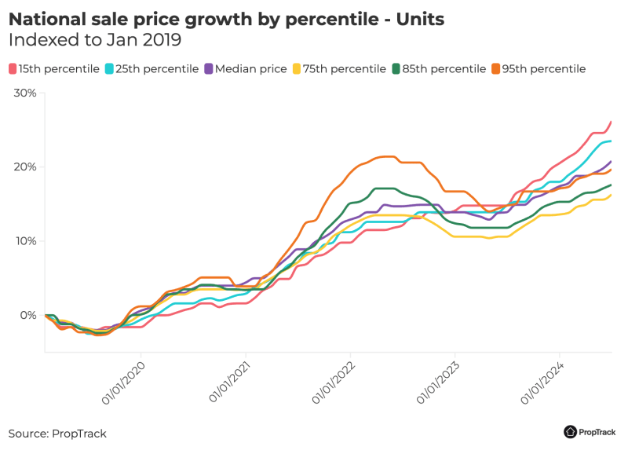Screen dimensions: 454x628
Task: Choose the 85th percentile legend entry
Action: [x=441, y=69]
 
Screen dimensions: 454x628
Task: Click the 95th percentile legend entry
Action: [x=541, y=69]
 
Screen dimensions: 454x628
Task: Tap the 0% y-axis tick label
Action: [x=28, y=315]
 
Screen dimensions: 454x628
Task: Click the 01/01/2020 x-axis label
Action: [x=124, y=384]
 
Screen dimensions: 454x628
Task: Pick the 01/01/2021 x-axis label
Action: [x=229, y=384]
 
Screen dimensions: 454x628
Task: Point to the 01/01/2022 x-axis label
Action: [x=334, y=384]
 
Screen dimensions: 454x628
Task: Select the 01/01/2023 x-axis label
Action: [x=439, y=384]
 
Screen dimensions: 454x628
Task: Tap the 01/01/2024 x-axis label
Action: [x=543, y=384]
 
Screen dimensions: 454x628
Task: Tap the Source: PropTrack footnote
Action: [x=57, y=434]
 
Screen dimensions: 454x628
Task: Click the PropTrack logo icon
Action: [x=571, y=431]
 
